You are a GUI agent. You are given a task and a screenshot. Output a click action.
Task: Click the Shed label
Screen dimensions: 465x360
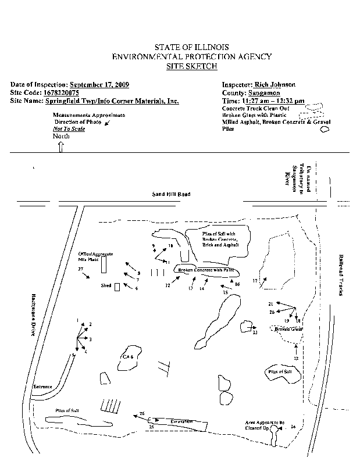point(106,286)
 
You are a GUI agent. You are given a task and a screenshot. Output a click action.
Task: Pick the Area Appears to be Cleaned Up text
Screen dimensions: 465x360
point(265,425)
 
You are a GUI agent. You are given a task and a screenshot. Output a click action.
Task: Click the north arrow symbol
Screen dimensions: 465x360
point(60,146)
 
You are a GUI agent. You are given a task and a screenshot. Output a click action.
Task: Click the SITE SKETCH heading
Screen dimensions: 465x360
point(191,66)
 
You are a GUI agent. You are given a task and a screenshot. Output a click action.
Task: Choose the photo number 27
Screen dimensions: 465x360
point(81,269)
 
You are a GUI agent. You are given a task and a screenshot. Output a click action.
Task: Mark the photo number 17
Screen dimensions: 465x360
point(255,281)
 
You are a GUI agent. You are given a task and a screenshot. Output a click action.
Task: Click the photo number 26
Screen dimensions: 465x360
point(142,413)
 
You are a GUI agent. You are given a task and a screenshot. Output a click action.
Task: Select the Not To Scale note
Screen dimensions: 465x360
point(69,128)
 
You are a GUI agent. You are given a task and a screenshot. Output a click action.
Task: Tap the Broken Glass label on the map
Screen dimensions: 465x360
point(289,329)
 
